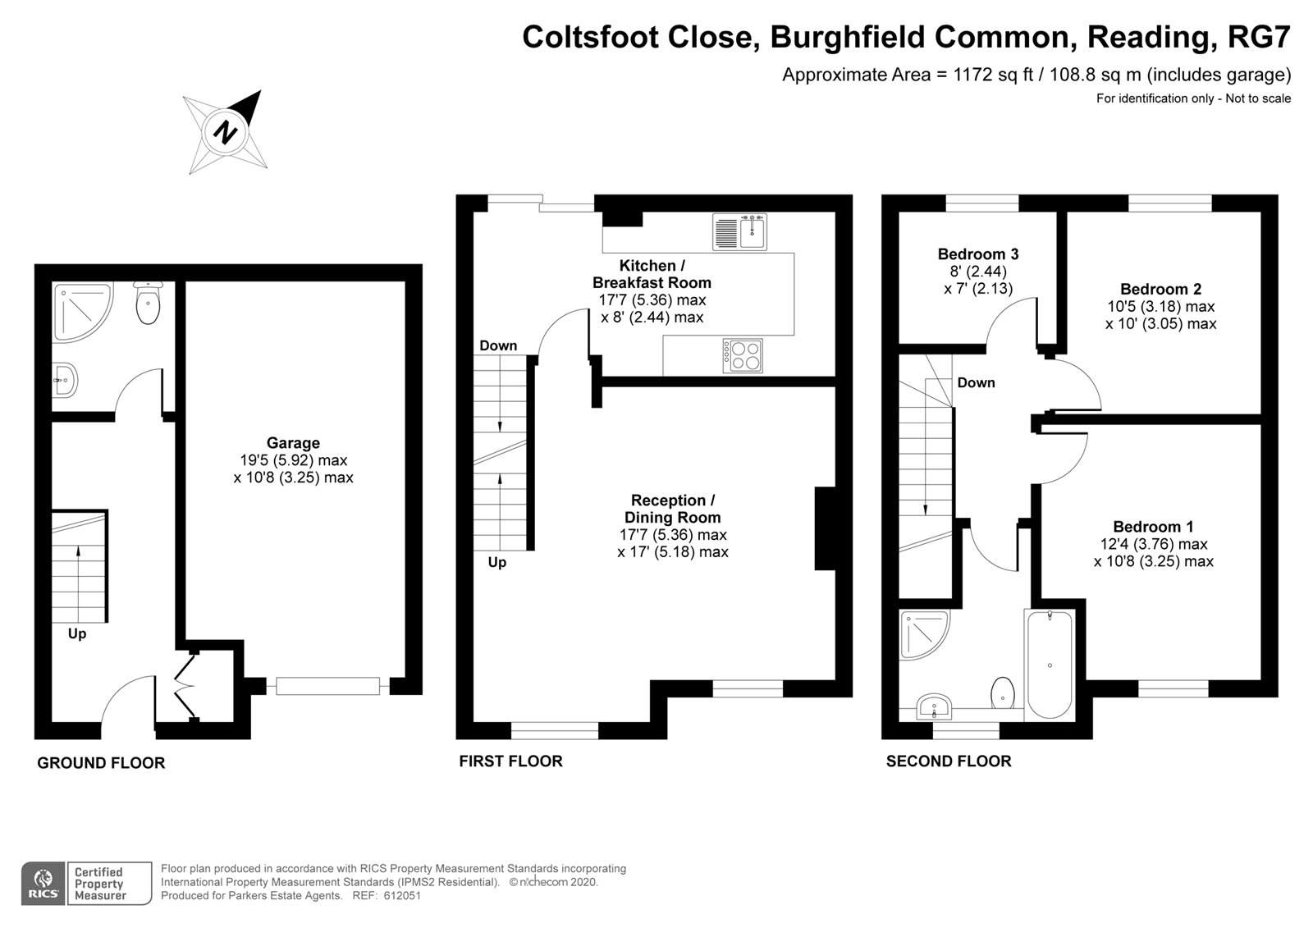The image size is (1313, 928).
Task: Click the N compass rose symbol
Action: (x=226, y=132)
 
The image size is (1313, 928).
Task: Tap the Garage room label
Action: (x=293, y=442)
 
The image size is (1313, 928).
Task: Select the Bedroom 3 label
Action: (x=977, y=254)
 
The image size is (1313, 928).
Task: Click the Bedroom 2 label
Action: (x=1160, y=289)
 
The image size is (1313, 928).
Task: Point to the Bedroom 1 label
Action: (x=1153, y=527)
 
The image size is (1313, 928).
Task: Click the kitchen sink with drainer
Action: (x=739, y=231)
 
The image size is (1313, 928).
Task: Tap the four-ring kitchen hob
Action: (x=743, y=356)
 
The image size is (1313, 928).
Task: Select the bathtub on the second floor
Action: (x=1050, y=664)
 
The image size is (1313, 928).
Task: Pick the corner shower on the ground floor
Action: (x=82, y=313)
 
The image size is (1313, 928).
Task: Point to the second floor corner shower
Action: (x=924, y=635)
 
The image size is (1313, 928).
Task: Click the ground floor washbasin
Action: (x=65, y=380)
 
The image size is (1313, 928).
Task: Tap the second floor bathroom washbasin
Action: (x=933, y=706)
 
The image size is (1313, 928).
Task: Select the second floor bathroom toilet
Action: (x=1003, y=693)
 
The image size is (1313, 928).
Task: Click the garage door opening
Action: (x=327, y=686)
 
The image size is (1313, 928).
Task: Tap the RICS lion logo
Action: (x=43, y=884)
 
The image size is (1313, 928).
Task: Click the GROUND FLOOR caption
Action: (x=101, y=763)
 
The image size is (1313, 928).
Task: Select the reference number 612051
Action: (x=402, y=896)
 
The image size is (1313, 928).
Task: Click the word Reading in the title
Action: (x=1149, y=36)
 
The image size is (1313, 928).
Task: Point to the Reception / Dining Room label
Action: (x=672, y=509)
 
